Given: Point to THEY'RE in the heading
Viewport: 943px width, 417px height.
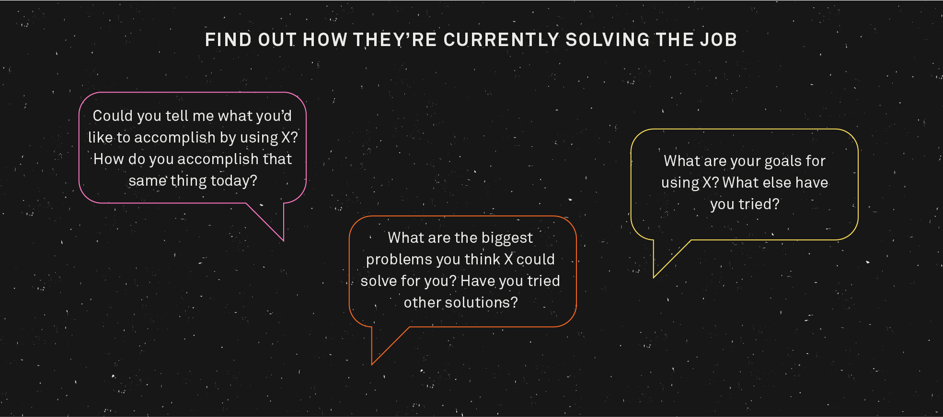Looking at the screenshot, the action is pos(395,40).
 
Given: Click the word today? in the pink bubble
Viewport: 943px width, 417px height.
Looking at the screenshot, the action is pos(234,181).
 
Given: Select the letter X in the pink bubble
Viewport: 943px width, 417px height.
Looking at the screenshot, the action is pos(286,137).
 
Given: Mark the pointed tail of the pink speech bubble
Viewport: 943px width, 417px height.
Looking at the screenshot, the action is pos(283,240).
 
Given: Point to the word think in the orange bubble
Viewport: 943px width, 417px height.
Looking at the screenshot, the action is pos(483,259).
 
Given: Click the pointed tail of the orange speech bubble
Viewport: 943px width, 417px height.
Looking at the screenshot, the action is pos(372,364).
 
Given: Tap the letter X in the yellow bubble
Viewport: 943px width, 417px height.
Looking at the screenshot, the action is pos(707,182).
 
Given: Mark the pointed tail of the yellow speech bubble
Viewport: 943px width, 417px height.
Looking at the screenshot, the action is pos(654,277).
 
